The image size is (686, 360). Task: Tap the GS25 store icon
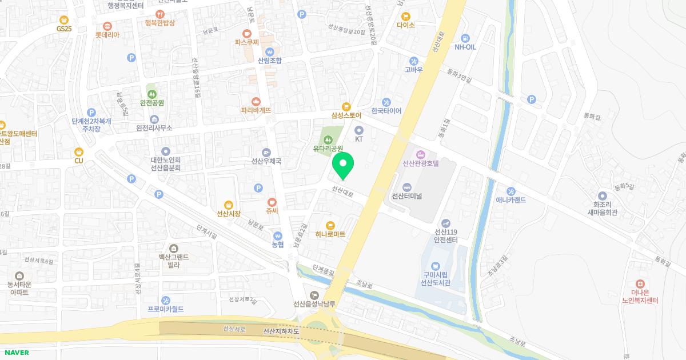tap(64, 19)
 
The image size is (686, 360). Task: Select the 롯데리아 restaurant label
tap(107, 34)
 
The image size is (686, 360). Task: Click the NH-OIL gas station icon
tap(465, 38)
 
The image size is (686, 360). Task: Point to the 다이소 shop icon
tap(406, 17)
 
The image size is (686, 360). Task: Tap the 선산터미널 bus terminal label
tap(406, 196)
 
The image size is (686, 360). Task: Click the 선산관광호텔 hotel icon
tap(421, 154)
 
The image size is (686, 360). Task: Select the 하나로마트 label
tap(330, 234)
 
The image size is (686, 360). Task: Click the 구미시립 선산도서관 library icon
tap(436, 266)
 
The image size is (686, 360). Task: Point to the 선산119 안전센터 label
tap(446, 236)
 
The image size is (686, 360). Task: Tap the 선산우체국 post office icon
tap(266, 152)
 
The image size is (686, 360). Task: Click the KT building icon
tap(359, 130)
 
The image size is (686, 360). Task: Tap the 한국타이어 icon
tap(386, 111)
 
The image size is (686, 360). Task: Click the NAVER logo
tap(17, 353)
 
